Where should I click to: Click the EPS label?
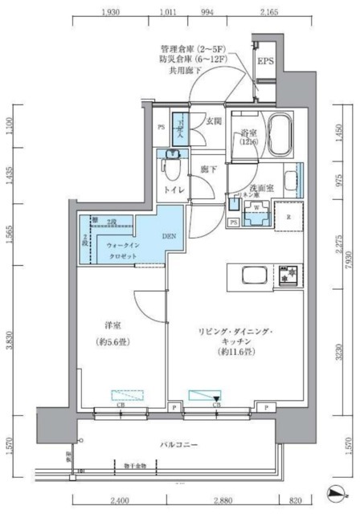point(266,61)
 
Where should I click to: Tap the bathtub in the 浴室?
point(281,130)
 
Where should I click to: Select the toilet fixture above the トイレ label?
point(170,169)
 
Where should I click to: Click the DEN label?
point(170,236)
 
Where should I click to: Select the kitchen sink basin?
point(245,277)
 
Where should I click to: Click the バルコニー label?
point(178,443)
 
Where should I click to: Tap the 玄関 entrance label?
point(213,121)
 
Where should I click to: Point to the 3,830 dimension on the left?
point(10,342)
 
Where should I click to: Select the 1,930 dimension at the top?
point(112,13)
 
